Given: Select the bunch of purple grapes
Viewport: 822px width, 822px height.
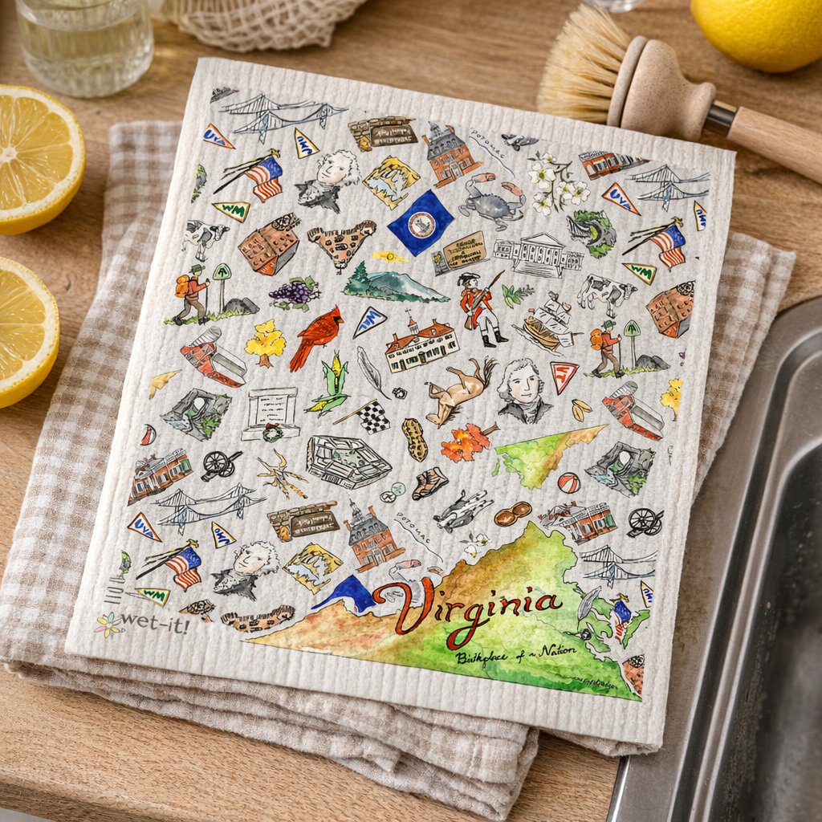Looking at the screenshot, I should coord(294,292).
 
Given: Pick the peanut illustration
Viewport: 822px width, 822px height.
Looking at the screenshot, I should coord(414,439).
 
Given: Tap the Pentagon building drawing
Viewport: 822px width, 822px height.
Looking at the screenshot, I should coord(348,461).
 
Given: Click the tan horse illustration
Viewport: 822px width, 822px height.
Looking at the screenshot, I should coord(459,390).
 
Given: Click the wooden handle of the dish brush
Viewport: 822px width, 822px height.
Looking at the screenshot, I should coord(775,141).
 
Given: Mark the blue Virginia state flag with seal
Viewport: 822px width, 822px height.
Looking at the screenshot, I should coord(421,222).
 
